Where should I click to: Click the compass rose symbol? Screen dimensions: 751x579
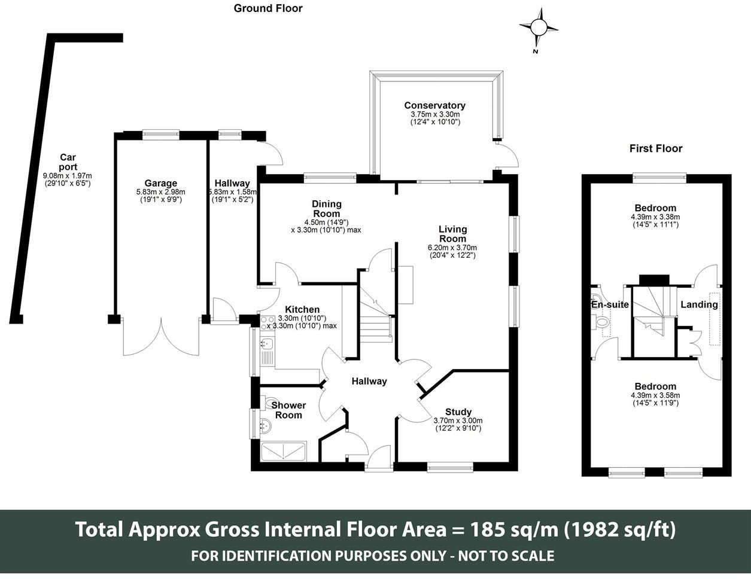(539, 28)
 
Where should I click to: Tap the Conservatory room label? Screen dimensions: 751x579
(435, 105)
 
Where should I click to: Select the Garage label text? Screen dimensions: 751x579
(161, 183)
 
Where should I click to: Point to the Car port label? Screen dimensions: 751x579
(68, 162)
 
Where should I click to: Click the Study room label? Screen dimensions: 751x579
(458, 412)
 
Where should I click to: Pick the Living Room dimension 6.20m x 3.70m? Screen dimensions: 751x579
(452, 248)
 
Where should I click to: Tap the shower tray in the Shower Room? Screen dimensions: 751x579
(284, 451)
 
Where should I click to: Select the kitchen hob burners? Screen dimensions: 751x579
(266, 323)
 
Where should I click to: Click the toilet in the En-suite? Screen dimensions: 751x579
(601, 322)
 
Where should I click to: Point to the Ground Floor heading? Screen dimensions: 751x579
(268, 8)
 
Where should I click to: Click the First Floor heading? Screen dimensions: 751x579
(656, 148)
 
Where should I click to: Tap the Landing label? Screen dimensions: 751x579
(699, 304)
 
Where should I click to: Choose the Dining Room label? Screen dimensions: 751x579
(326, 209)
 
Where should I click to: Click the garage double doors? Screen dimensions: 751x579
(161, 337)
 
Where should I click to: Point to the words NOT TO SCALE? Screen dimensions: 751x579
(506, 556)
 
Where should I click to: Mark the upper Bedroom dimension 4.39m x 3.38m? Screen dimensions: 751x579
(655, 217)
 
